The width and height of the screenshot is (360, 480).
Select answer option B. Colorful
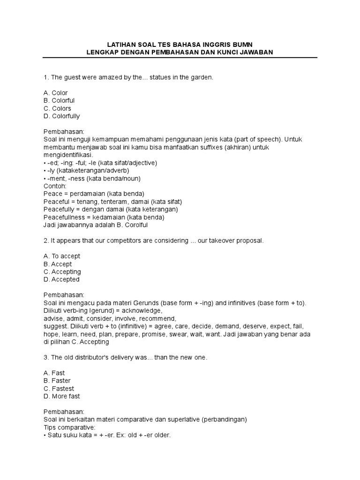59,100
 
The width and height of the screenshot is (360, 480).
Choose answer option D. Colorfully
61,116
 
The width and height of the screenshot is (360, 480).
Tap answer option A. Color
55,93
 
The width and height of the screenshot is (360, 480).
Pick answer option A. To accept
61,256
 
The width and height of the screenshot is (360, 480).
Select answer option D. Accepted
61,279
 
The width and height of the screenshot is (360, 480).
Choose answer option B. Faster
57,381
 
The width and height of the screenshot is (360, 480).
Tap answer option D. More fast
61,396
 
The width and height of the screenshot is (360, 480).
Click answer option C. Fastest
59,389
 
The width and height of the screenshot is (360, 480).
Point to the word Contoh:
55,186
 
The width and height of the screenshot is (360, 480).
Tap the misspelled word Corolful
136,225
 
